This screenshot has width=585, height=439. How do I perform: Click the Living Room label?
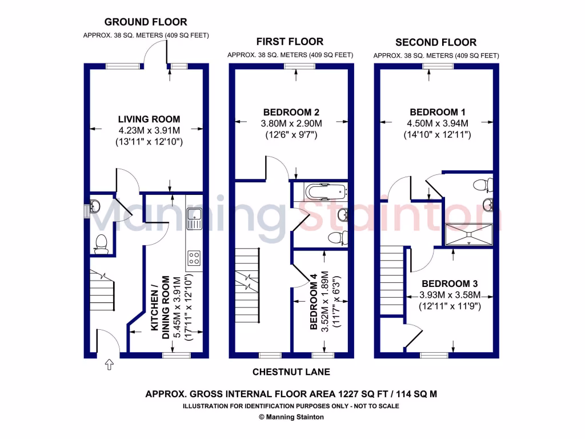[x=149, y=119]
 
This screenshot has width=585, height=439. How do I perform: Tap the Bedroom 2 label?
[x=291, y=112]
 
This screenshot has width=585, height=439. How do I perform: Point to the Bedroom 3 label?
[x=450, y=284]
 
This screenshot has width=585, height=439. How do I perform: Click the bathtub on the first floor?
[x=320, y=190]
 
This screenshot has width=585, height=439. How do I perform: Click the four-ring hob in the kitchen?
[x=194, y=258]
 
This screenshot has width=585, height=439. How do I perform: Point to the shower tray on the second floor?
[x=468, y=234]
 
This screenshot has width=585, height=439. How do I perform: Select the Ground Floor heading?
[x=145, y=22]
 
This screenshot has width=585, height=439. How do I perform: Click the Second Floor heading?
[x=436, y=42]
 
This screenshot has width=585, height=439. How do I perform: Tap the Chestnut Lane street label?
[x=291, y=372]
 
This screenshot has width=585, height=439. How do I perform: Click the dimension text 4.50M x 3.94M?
[x=436, y=123]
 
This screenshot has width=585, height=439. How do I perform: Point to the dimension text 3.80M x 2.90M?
[x=291, y=123]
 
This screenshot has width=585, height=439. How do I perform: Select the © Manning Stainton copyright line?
[x=291, y=417]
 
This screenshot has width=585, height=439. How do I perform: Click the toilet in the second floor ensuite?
[x=483, y=185]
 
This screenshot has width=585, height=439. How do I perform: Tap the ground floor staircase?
[x=102, y=291]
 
